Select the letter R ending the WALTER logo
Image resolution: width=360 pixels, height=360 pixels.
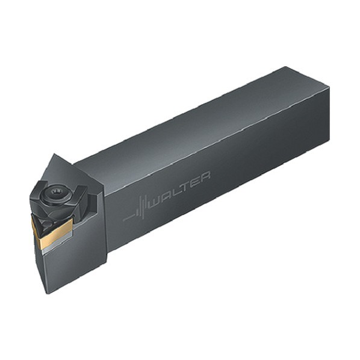pyautogui.click(x=204, y=176)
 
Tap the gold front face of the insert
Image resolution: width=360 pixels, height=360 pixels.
pyautogui.click(x=53, y=235)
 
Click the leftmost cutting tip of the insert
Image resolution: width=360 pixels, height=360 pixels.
pyautogui.click(x=32, y=216)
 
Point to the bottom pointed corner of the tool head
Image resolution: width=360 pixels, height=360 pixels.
pyautogui.click(x=48, y=293)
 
